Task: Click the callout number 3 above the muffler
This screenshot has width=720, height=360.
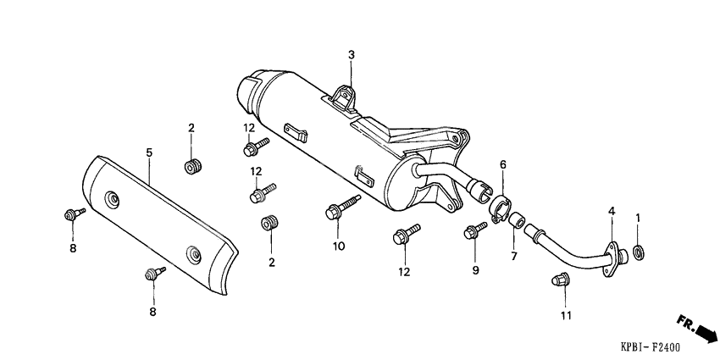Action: point(352,55)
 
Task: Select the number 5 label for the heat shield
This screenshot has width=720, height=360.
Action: point(149,152)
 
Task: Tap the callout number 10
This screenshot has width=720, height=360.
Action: point(339,246)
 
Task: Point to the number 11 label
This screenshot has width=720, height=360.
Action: point(566,316)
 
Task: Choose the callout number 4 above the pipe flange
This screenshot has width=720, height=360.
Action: point(610,210)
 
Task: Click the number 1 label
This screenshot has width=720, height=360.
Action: point(638,218)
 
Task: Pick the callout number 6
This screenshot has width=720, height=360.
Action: point(502,164)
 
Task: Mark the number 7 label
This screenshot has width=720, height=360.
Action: point(512,255)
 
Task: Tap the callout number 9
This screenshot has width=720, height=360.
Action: point(475,270)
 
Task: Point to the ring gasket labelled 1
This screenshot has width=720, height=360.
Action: point(639,250)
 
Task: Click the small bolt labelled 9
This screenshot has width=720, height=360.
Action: point(474,230)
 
